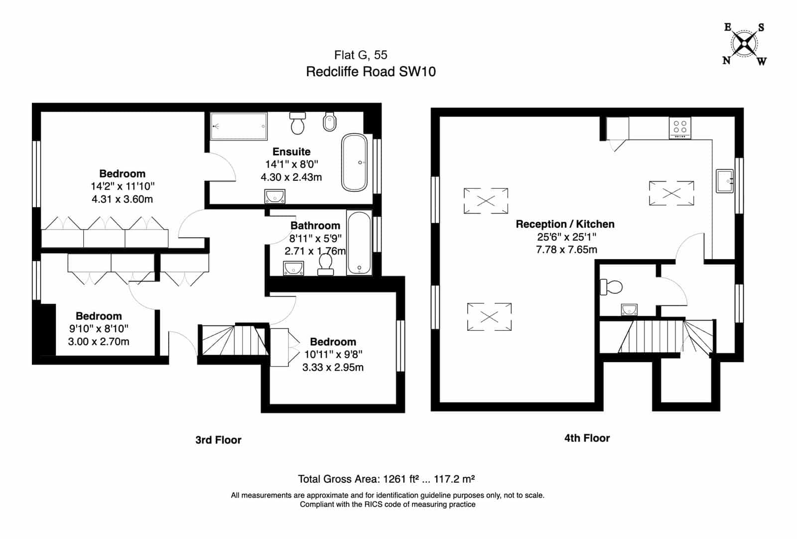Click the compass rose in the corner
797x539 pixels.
tap(744, 44)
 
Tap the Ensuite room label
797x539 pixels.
tap(291, 151)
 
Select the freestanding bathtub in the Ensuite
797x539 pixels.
tap(354, 162)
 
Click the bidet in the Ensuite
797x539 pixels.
tap(329, 122)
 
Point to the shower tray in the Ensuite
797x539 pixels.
tap(239, 127)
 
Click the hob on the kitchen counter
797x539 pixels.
tap(680, 128)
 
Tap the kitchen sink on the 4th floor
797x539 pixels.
tap(724, 181)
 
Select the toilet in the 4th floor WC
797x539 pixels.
tap(611, 287)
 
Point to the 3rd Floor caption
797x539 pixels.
tap(218, 440)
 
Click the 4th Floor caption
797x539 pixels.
tap(587, 438)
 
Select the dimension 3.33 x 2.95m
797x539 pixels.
tap(333, 367)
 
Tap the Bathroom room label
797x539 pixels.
tap(315, 226)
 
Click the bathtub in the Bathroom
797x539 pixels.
tap(359, 242)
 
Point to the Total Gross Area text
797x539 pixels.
tap(386, 479)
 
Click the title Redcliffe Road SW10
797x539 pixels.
tap(371, 72)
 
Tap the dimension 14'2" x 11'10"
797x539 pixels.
tap(123, 186)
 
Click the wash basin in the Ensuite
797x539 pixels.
tap(274, 196)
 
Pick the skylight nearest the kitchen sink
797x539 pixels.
tap(671, 193)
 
